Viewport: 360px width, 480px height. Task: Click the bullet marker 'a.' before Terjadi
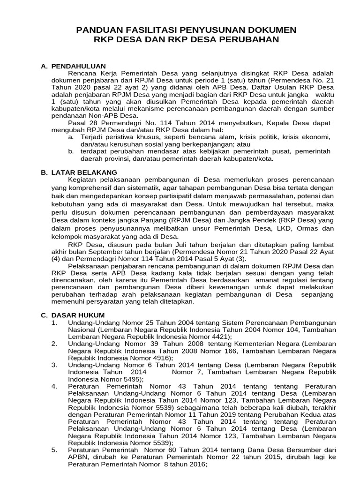point(70,137)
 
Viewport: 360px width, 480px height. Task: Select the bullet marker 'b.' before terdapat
point(70,151)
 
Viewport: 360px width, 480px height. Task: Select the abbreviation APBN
point(78,457)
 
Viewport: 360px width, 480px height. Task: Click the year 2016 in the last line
point(196,465)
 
